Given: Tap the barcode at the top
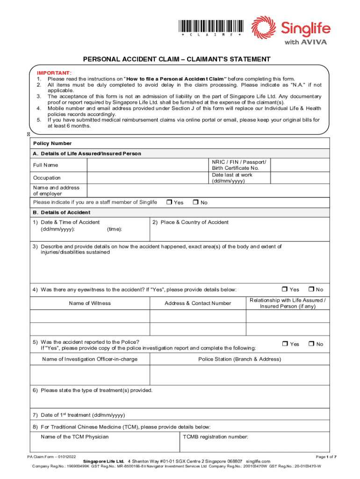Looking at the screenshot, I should click(x=210, y=26).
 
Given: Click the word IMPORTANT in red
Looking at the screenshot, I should click(x=54, y=73).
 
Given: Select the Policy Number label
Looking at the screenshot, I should click(x=52, y=143).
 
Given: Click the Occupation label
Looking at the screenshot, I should click(x=47, y=178).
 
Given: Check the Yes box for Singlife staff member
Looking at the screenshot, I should click(x=169, y=203).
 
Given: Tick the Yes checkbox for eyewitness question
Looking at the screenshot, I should click(x=285, y=290).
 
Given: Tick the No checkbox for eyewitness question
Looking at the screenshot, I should click(x=311, y=290).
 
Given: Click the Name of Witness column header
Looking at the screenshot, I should click(x=90, y=303).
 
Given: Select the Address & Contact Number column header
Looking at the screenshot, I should click(x=198, y=303).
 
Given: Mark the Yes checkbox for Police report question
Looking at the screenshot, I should click(x=285, y=344).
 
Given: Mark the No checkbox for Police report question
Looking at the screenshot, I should click(x=311, y=344).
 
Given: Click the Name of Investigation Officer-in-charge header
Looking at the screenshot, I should click(x=90, y=359).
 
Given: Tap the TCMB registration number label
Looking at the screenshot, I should click(x=215, y=437).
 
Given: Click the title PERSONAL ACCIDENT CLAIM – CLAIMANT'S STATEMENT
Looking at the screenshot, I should click(x=177, y=59).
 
